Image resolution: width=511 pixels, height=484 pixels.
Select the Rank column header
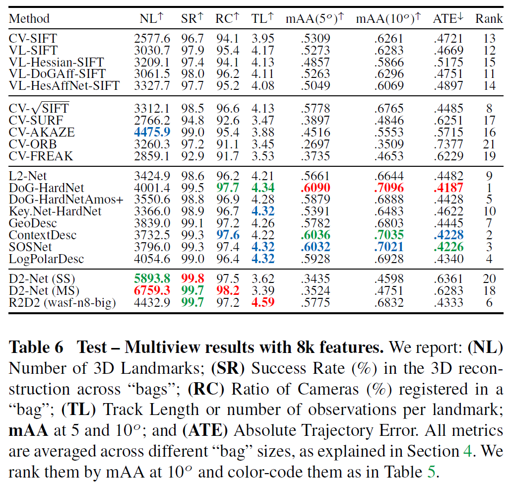click(489, 19)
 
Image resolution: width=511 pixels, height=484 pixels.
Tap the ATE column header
click(448, 19)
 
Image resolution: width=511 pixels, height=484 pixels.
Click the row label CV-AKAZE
click(42, 133)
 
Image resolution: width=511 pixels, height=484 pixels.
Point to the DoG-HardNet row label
click(47, 188)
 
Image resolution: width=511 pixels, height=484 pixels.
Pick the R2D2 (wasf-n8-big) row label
click(62, 302)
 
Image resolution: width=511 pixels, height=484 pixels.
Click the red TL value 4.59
click(263, 302)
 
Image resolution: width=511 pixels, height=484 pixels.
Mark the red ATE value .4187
click(448, 188)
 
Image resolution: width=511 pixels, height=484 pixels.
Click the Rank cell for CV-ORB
click(489, 144)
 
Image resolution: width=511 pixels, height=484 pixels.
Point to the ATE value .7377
click(448, 144)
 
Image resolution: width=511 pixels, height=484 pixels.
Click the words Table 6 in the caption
click(36, 347)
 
